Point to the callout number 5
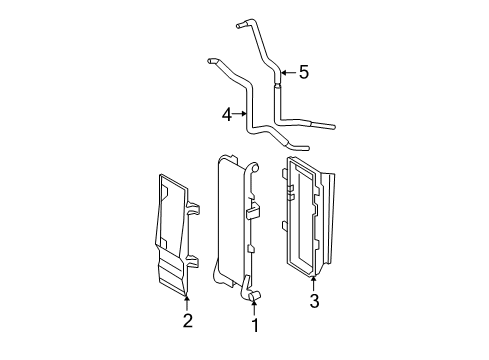304,72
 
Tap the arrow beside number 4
240,115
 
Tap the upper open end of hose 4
210,62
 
